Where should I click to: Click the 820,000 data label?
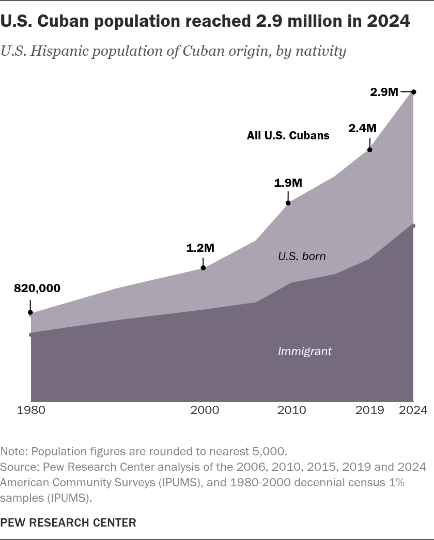37,288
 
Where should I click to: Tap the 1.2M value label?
200,248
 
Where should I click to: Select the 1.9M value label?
288,183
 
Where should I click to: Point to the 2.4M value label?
362,128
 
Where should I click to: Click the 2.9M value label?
384,92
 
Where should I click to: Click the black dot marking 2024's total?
414,92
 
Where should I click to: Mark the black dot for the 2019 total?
369,150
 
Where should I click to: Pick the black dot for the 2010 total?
288,203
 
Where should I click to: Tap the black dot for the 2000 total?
203,267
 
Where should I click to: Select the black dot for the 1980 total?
30,313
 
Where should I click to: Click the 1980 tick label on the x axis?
31,410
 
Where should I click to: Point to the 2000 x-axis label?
205,410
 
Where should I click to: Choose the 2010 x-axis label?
291,410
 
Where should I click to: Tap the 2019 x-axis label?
369,410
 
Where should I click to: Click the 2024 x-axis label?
413,410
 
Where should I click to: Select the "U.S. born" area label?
302,256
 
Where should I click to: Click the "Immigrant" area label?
305,351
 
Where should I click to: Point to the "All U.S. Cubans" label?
288,135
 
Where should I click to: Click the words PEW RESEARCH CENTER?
68,522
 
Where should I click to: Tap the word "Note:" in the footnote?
14,451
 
